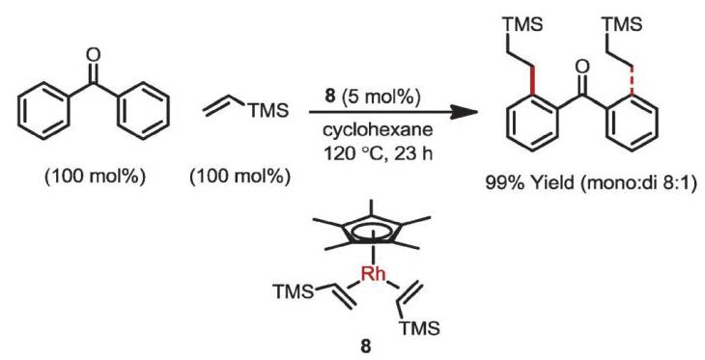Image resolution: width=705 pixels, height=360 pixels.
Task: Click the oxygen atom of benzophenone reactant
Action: [93, 56]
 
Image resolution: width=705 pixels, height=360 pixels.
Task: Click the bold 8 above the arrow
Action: [331, 97]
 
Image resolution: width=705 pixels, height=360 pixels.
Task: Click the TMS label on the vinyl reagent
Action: [268, 110]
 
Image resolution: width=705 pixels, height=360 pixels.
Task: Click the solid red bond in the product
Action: [533, 82]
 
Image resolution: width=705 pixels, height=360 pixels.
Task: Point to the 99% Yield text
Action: [538, 184]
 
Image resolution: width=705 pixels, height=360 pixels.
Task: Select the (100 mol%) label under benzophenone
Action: [95, 179]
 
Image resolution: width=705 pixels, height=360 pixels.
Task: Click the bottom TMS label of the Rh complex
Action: [418, 329]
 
